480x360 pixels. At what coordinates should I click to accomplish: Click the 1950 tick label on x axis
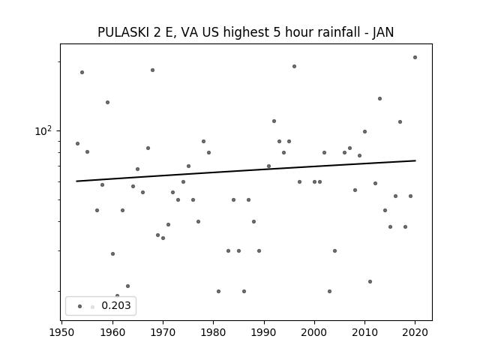(61, 332)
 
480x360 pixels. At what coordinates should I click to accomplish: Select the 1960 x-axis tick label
(112, 332)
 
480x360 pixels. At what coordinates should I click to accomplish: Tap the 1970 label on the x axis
(163, 332)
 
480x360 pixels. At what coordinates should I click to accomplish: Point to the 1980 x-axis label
(213, 332)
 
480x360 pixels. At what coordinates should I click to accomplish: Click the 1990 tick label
(264, 332)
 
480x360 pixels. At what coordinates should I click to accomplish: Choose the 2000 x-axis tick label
(314, 332)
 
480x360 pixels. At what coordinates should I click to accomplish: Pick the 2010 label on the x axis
(364, 332)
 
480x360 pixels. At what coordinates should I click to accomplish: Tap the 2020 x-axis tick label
(415, 332)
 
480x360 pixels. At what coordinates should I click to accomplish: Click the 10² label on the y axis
(43, 130)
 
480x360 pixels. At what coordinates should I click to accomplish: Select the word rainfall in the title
(337, 32)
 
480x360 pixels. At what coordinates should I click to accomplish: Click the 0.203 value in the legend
(116, 305)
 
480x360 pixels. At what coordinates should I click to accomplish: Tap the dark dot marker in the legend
(80, 306)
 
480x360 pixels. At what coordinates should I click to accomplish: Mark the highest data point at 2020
(415, 57)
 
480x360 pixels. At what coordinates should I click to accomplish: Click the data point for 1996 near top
(294, 67)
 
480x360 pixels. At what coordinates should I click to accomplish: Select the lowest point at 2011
(370, 282)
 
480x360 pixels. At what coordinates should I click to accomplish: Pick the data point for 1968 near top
(152, 70)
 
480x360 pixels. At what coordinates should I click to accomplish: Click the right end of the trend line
(415, 160)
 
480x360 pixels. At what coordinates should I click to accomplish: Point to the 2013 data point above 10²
(380, 98)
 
